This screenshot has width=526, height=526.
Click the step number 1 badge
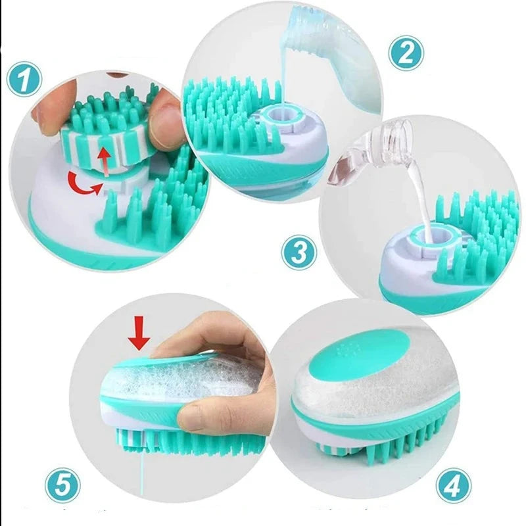24,79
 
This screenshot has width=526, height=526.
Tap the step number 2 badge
406,53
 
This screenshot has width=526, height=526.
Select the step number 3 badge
299,252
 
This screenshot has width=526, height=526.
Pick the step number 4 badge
454,485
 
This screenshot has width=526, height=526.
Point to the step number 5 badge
62,485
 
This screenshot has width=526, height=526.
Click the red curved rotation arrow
84,184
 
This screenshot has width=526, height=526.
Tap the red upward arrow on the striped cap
105,162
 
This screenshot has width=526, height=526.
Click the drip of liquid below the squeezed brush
142,469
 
